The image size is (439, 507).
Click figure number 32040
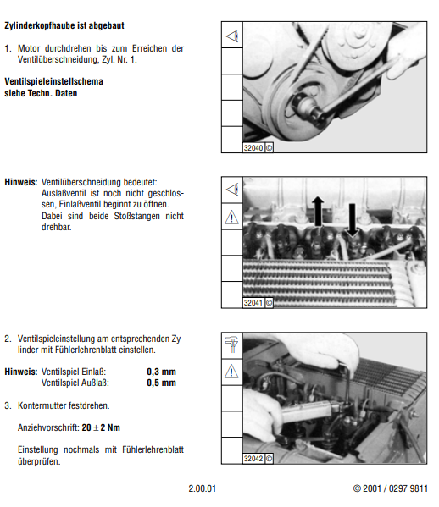pos(253,148)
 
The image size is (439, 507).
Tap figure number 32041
pos(253,303)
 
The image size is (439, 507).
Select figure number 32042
pos(253,459)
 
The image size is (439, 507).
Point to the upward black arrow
pos(318,211)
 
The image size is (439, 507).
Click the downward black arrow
pos(352,220)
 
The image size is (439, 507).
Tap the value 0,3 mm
pos(161,372)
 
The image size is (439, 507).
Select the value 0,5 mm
pos(161,383)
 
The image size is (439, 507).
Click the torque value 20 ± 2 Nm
pos(101,427)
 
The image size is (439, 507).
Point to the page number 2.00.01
pos(202,488)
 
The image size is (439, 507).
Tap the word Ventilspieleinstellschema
pos(53,81)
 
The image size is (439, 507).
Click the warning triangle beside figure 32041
pos(231,217)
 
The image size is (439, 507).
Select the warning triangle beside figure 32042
pos(231,372)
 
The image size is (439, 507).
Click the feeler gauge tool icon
pos(232,344)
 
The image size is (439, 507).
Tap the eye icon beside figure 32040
pos(232,36)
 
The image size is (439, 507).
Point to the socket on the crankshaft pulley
pos(307,106)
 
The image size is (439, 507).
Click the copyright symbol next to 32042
pos(269,459)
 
